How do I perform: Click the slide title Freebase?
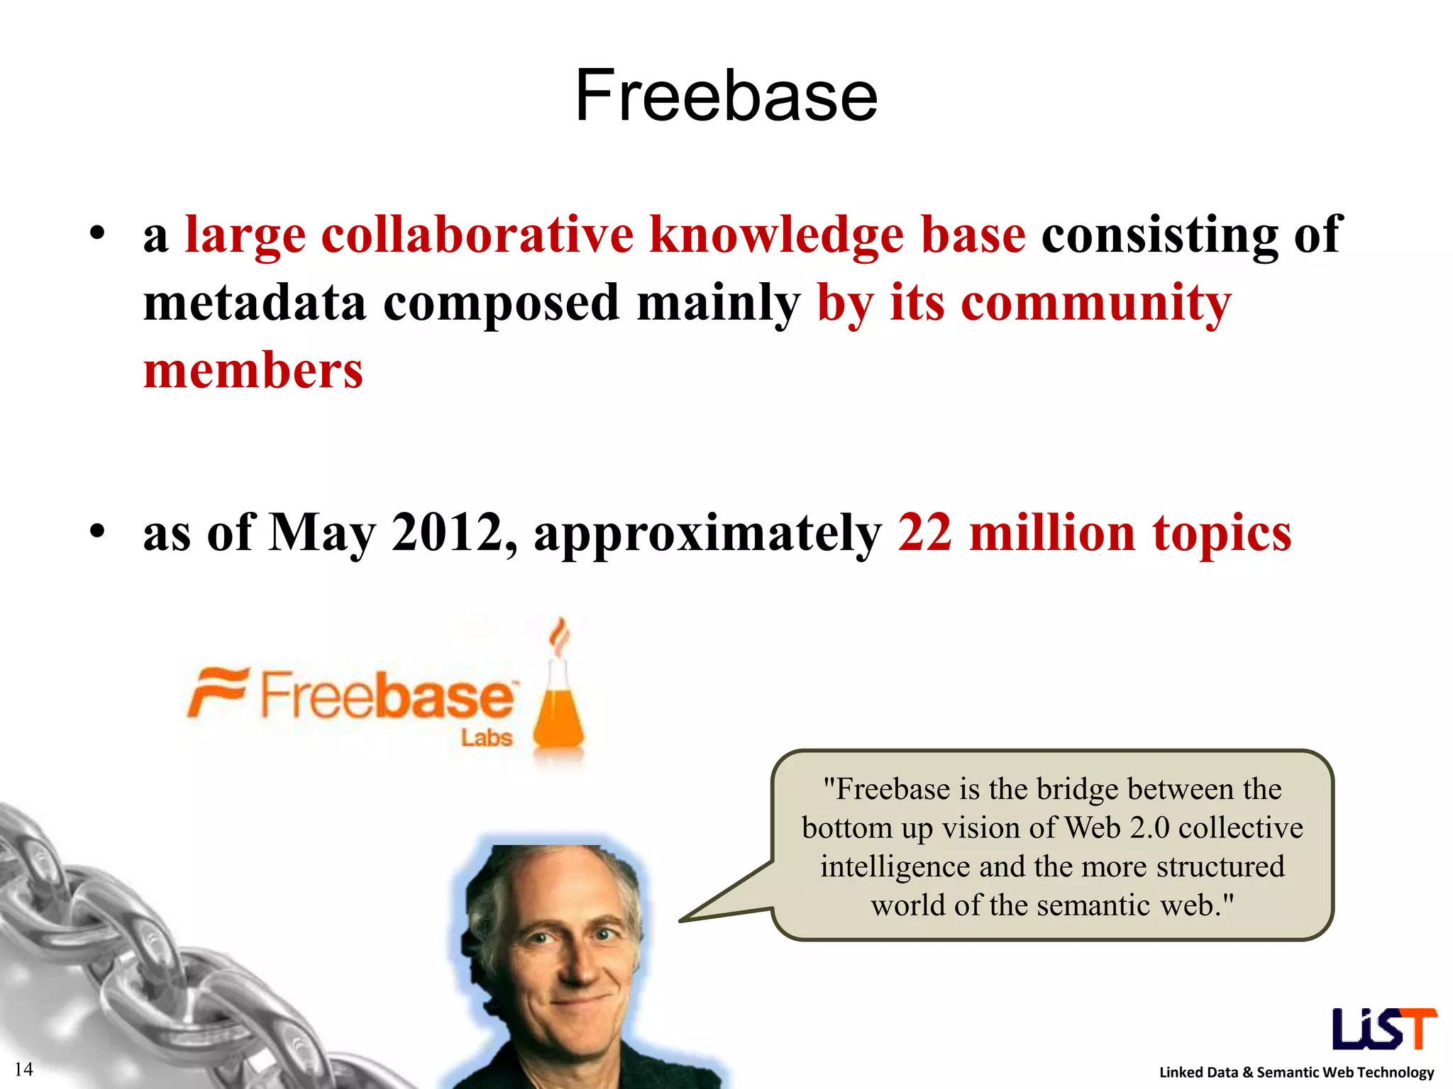click(x=726, y=96)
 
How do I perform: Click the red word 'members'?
click(x=253, y=371)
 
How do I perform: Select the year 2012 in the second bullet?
click(x=447, y=532)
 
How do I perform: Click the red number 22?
click(x=924, y=532)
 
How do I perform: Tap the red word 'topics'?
click(x=1221, y=534)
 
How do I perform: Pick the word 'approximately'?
click(x=707, y=534)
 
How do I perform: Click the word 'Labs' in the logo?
click(x=487, y=738)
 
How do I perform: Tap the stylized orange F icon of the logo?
click(x=217, y=691)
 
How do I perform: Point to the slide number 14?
click(x=23, y=1069)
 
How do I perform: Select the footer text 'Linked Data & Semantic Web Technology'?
click(x=1296, y=1072)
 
